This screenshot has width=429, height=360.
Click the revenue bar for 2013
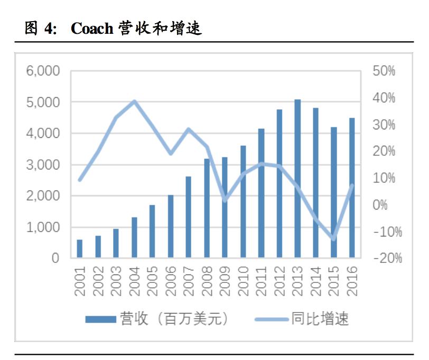point(297,179)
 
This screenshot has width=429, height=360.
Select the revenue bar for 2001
point(80,249)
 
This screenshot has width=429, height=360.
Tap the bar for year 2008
point(207,208)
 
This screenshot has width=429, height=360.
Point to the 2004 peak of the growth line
point(134,101)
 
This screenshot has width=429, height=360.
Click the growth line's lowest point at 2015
point(333,239)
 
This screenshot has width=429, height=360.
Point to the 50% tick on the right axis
point(384,71)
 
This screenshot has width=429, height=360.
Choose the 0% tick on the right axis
point(380,205)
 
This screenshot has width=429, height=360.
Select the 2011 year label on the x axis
point(262,280)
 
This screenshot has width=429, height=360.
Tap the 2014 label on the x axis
point(316,280)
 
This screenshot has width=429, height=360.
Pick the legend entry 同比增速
point(301,319)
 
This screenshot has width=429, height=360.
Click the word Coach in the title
point(92,29)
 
